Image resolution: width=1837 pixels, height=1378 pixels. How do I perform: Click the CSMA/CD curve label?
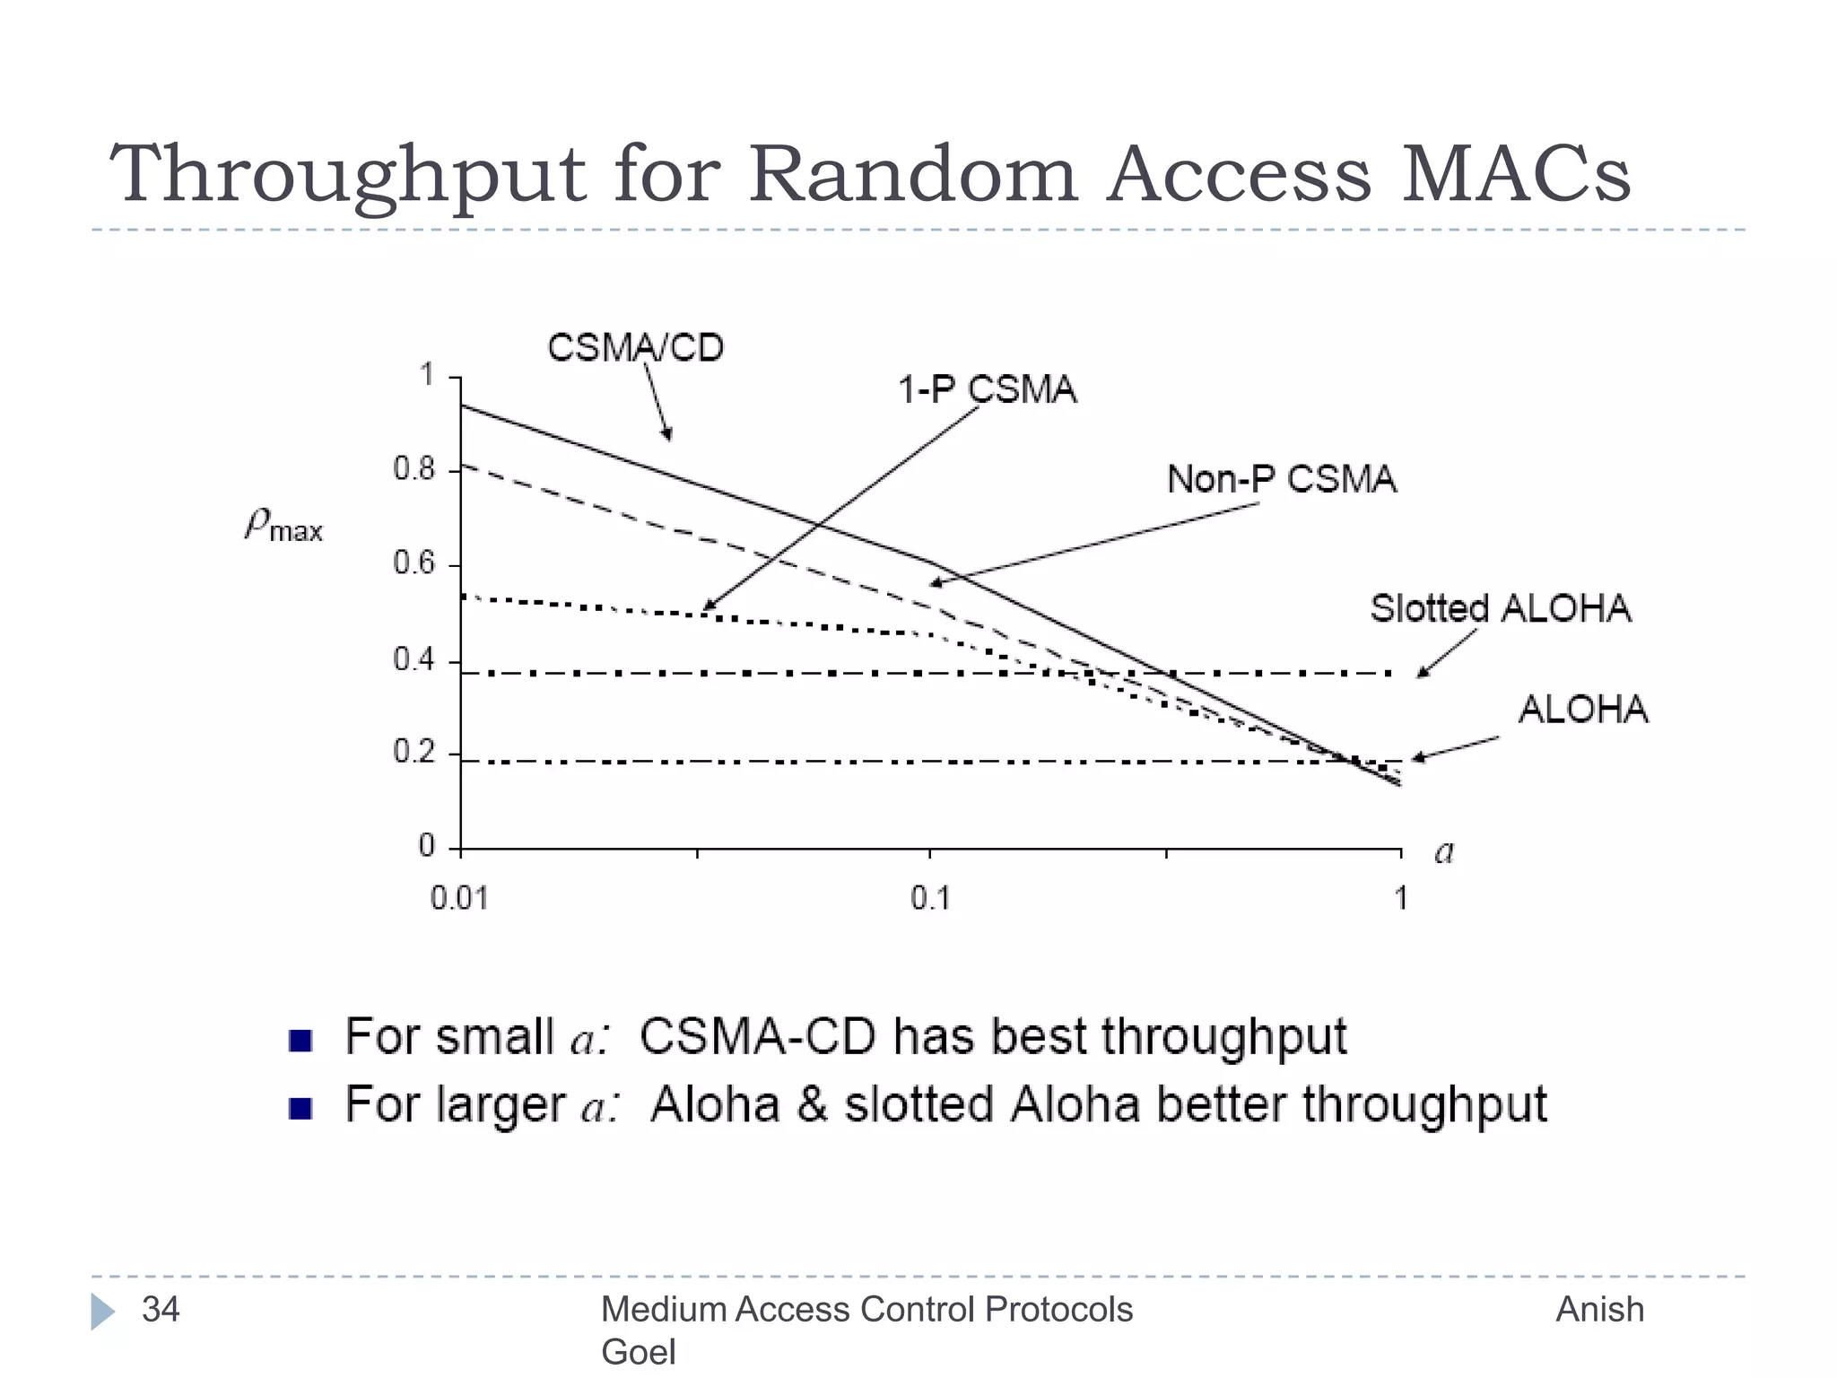pos(635,348)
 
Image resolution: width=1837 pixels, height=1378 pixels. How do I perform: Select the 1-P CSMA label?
pos(987,390)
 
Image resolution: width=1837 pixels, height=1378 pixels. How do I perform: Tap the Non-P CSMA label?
pos(1282,479)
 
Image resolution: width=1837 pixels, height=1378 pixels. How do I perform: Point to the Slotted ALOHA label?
pos(1500,608)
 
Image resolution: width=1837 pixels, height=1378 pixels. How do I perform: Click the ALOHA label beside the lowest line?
pos(1583,710)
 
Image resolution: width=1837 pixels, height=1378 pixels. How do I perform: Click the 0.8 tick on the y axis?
pos(414,469)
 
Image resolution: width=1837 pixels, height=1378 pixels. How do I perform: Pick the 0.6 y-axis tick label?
pos(414,563)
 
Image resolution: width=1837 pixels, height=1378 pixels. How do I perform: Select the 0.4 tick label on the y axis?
pos(414,660)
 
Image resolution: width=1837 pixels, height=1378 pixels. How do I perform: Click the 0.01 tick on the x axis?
pos(460,898)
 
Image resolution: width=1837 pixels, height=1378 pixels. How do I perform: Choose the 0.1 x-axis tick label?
pos(930,898)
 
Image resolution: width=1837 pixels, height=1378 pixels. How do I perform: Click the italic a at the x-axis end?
pos(1443,851)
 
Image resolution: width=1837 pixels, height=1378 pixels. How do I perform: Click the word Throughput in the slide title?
pos(347,175)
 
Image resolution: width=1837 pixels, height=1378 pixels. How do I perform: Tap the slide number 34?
pos(161,1310)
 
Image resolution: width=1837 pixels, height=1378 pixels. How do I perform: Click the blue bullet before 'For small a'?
pos(300,1041)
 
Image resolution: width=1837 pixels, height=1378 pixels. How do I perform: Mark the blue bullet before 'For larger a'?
pos(300,1109)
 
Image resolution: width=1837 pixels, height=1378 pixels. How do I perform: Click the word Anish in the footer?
pos(1599,1310)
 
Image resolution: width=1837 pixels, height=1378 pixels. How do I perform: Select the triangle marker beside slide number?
pos(102,1312)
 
